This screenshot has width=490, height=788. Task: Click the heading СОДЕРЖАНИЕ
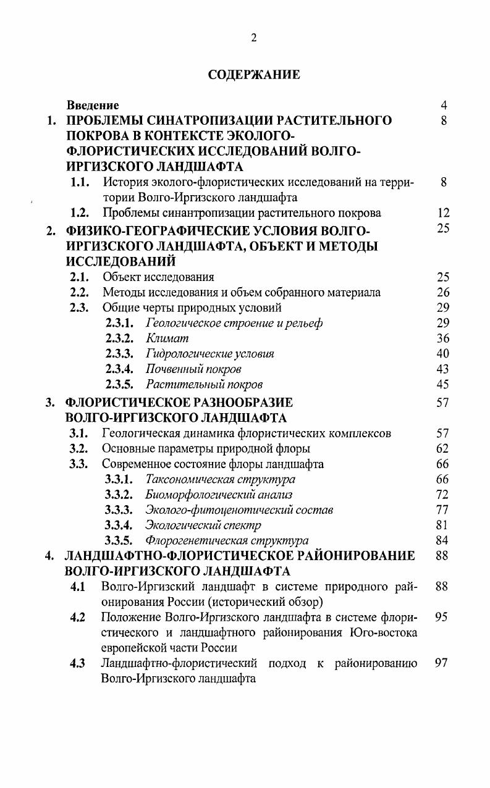[x=253, y=75]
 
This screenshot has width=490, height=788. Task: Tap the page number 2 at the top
[x=253, y=38]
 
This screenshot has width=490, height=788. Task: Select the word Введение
[x=93, y=106]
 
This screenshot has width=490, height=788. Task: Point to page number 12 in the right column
[x=442, y=213]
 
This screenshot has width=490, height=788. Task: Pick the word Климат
[x=167, y=338]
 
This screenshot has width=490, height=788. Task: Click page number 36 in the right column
[x=442, y=338]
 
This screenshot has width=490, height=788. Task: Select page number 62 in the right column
[x=442, y=448]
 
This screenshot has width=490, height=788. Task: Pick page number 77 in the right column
[x=442, y=510]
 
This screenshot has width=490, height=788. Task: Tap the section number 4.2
[x=78, y=617]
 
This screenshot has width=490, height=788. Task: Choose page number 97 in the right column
[x=442, y=664]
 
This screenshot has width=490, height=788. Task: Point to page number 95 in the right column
[x=442, y=617]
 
